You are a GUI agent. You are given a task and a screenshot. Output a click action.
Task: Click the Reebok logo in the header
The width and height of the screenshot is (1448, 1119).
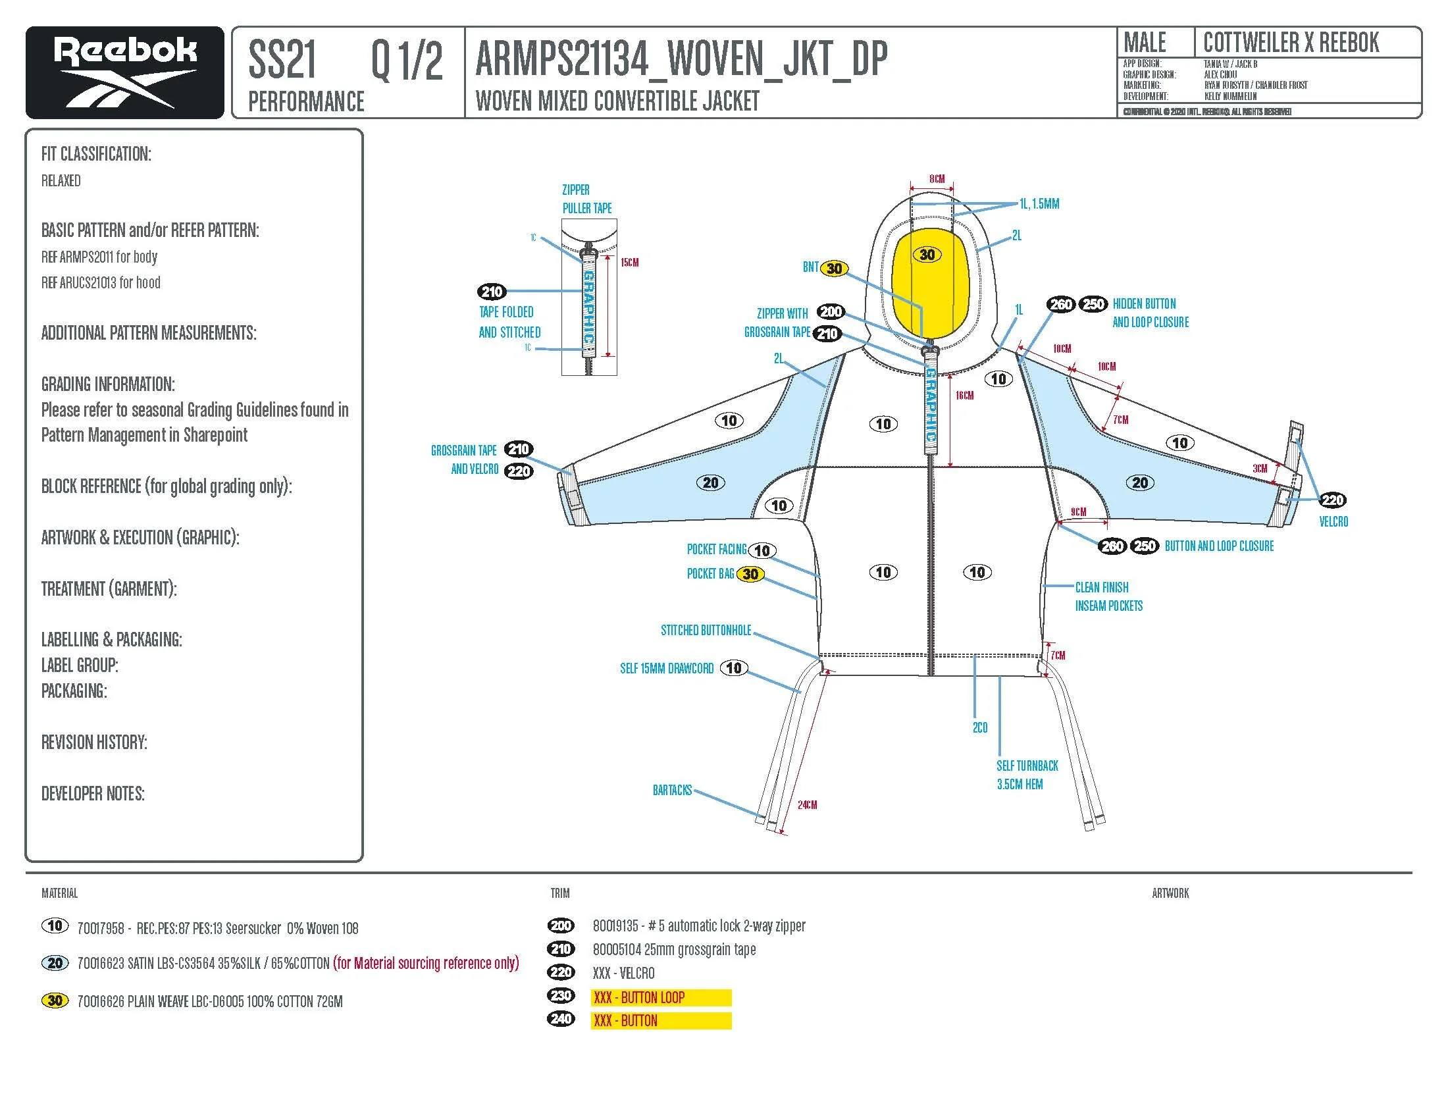pyautogui.click(x=124, y=72)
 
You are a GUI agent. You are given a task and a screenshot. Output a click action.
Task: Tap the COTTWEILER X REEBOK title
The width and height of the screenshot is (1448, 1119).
pyautogui.click(x=1291, y=43)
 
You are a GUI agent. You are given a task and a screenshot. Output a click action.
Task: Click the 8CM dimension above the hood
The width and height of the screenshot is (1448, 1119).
pyautogui.click(x=936, y=179)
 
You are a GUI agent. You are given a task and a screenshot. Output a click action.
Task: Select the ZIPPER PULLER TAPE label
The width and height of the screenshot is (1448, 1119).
pyautogui.click(x=586, y=199)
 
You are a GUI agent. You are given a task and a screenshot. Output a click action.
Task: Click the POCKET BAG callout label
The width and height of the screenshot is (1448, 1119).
pyautogui.click(x=710, y=574)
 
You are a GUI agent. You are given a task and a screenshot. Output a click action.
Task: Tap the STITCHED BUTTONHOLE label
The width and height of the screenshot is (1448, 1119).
pyautogui.click(x=706, y=631)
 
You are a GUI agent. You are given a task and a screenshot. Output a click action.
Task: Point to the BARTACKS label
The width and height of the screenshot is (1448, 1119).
pyautogui.click(x=671, y=790)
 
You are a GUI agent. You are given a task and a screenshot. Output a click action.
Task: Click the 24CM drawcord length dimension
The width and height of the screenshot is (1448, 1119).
pyautogui.click(x=807, y=805)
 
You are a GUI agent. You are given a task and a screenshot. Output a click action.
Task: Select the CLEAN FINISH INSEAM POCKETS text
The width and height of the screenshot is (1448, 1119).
pyautogui.click(x=1108, y=596)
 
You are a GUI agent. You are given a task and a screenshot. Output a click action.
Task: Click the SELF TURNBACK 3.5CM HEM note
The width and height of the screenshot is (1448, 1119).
pyautogui.click(x=1027, y=775)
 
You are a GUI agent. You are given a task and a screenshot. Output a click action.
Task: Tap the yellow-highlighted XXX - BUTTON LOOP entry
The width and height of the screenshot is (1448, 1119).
pyautogui.click(x=660, y=998)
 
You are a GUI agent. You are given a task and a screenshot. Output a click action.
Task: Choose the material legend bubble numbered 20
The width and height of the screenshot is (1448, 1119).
pyautogui.click(x=55, y=963)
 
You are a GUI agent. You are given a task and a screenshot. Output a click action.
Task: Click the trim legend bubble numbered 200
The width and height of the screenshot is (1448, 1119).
pyautogui.click(x=561, y=926)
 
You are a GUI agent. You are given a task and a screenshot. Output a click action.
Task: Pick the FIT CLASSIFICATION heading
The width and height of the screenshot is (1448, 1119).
pyautogui.click(x=96, y=155)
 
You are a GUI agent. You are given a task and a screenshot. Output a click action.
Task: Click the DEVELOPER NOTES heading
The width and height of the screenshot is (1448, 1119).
pyautogui.click(x=93, y=794)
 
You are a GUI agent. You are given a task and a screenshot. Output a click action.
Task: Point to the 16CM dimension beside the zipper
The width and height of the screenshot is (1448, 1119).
pyautogui.click(x=964, y=396)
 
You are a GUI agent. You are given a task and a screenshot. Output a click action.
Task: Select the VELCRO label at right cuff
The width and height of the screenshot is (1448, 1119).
pyautogui.click(x=1333, y=522)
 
